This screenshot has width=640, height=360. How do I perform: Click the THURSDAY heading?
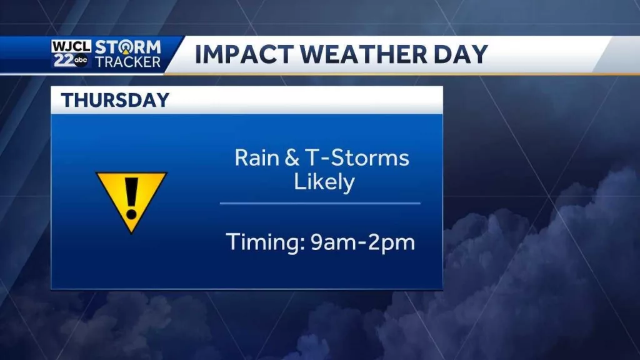point(115,100)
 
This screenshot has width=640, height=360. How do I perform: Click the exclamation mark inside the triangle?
point(131,194)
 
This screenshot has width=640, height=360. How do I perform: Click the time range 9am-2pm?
point(362,242)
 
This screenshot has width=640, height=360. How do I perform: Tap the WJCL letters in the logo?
point(71,47)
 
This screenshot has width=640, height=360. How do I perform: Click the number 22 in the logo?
point(62,60)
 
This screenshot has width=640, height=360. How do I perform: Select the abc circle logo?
point(82,61)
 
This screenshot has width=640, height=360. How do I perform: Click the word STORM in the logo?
point(128,47)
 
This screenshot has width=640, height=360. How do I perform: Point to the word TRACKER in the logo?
point(128,61)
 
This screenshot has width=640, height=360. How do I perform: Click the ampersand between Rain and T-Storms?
point(291,157)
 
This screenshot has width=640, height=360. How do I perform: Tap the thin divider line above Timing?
point(319,203)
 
